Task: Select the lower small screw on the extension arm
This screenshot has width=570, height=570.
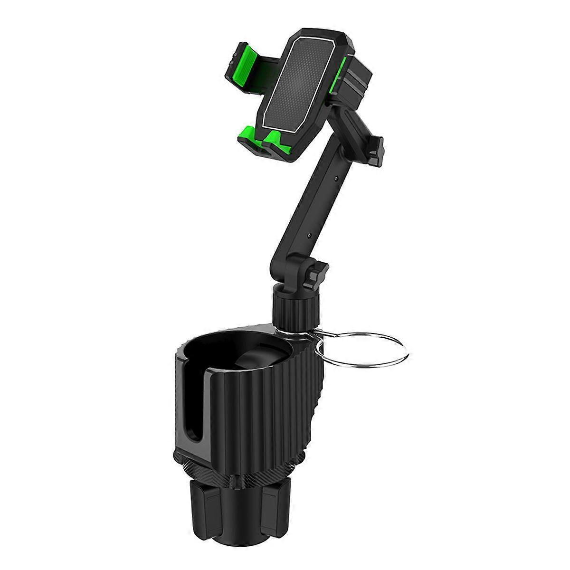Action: (309, 236)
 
